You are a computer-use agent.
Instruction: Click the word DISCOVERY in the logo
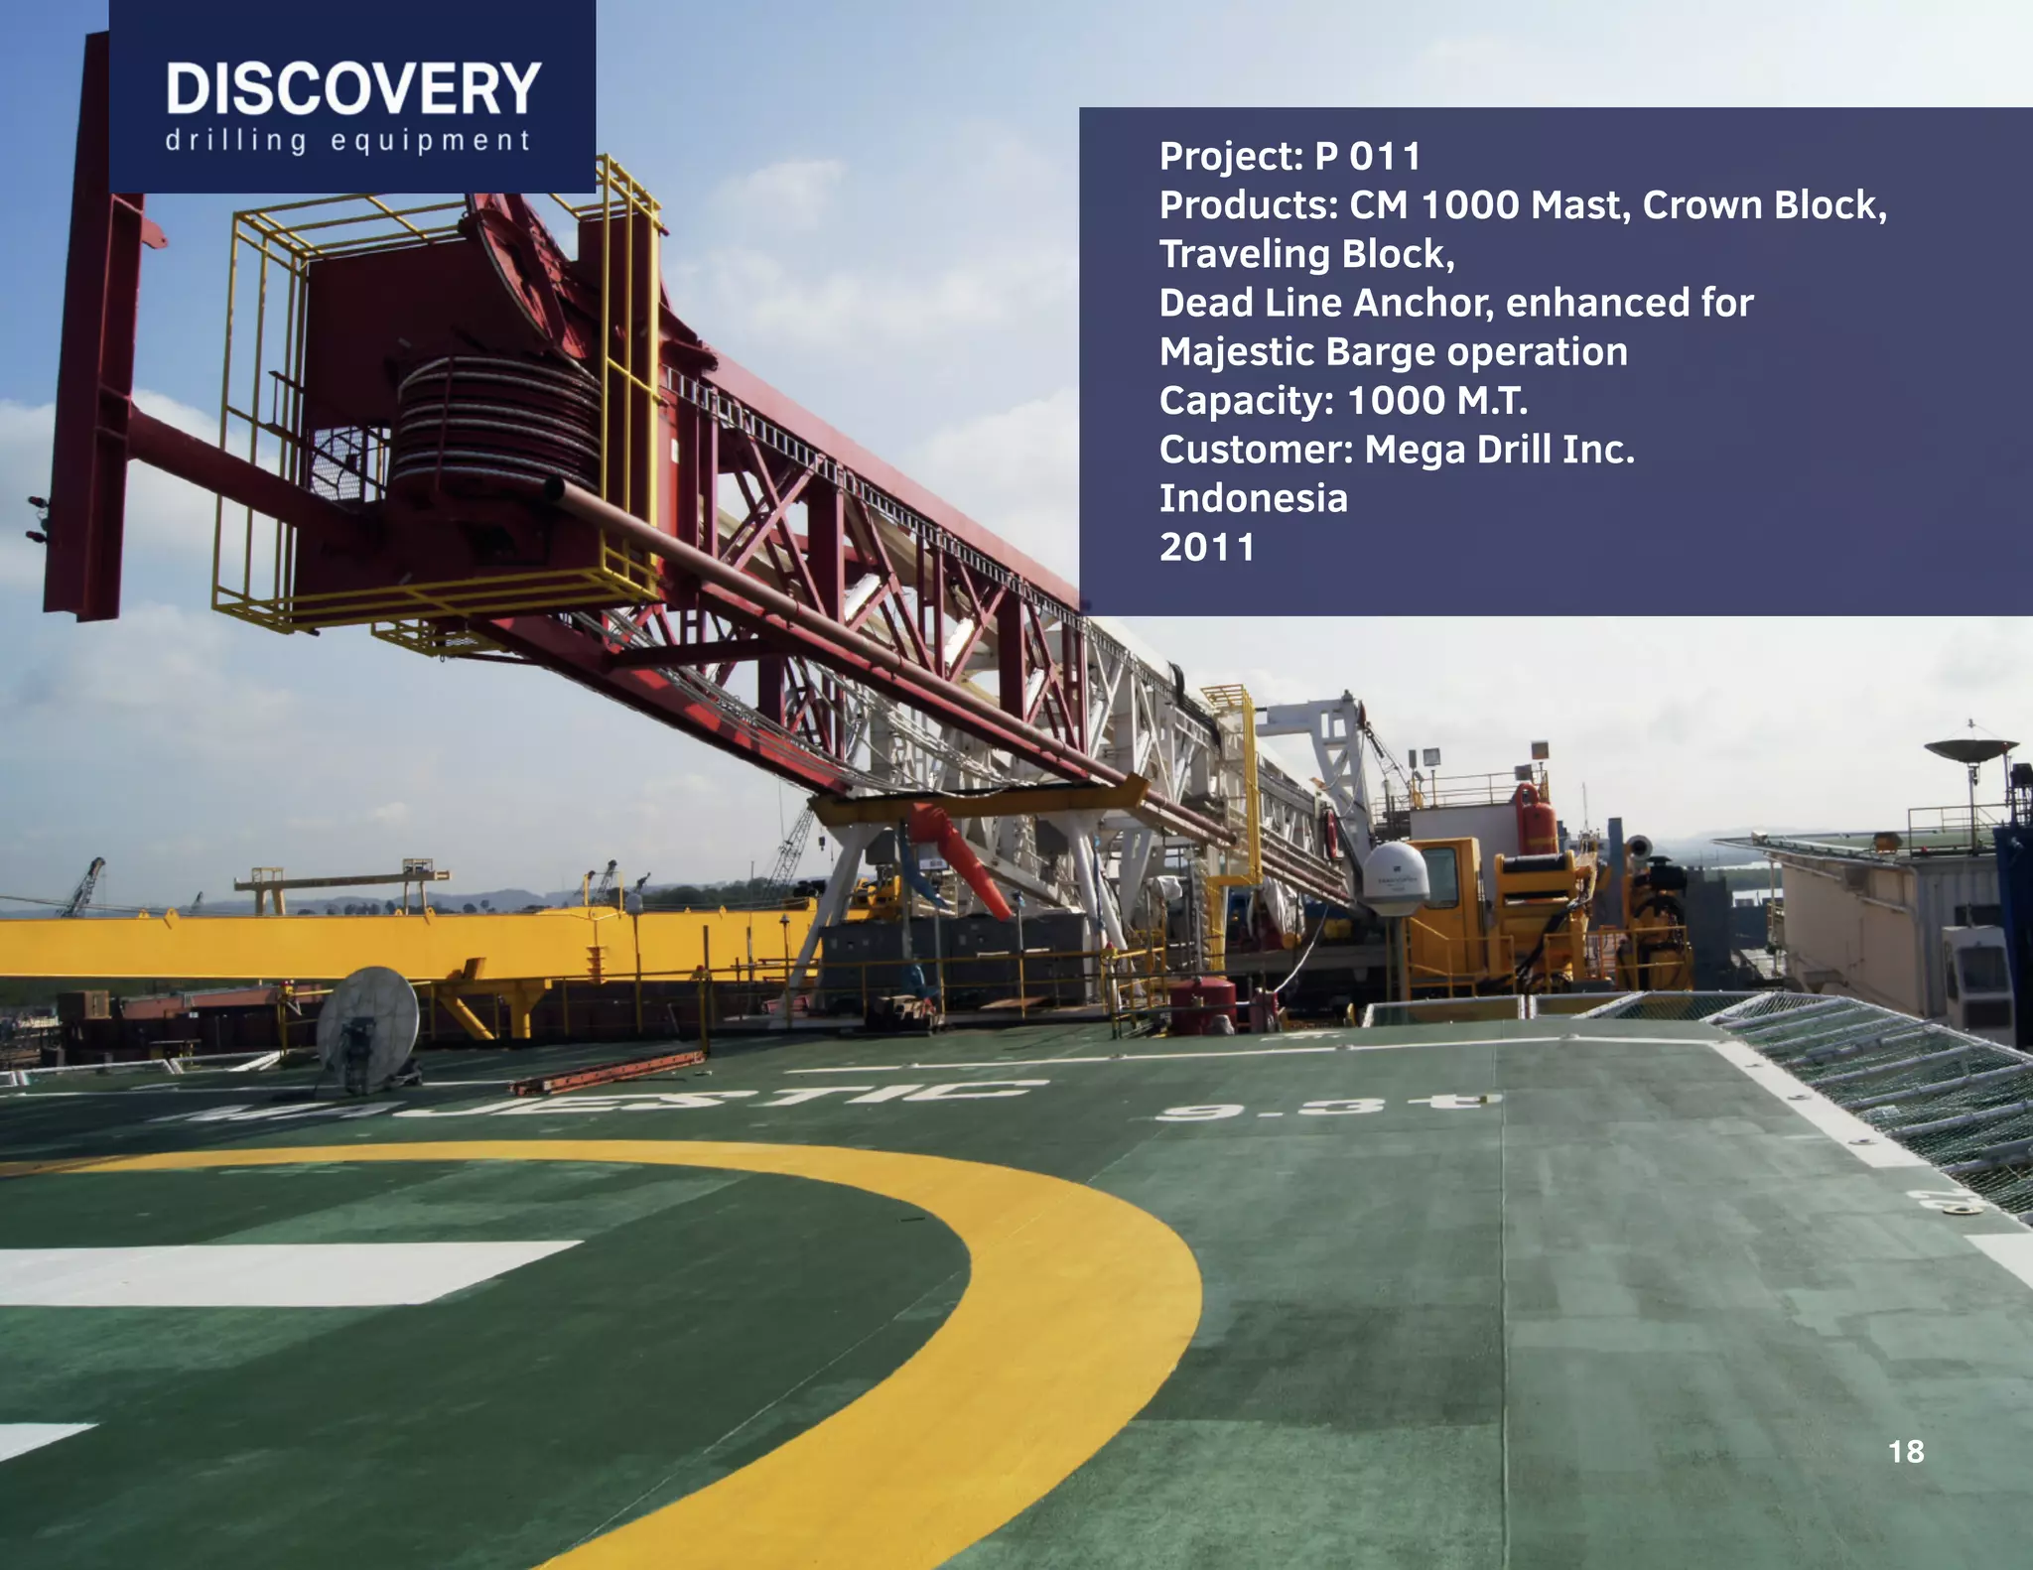pos(352,89)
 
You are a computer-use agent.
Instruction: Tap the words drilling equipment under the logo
pos(348,141)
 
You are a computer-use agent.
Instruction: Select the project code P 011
pos(1368,156)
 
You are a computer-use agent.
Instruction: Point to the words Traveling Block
pos(1305,254)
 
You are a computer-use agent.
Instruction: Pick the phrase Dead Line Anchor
pos(1325,303)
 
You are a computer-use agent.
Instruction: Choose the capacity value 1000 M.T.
pos(1436,401)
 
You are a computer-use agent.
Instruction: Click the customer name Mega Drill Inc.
pos(1499,450)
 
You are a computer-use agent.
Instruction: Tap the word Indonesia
pos(1253,498)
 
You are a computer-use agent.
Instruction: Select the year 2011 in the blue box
pos(1207,547)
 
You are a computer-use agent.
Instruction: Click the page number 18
pos(1905,1452)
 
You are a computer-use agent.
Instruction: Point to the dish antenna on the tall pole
pos(1969,749)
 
